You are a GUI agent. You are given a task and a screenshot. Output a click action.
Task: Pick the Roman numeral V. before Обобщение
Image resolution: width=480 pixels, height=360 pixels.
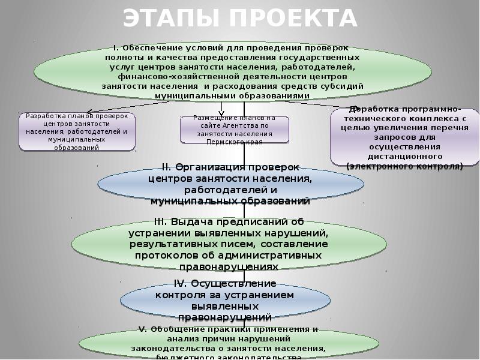(143, 329)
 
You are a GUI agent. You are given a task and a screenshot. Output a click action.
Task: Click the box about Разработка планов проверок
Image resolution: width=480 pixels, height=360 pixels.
(76, 131)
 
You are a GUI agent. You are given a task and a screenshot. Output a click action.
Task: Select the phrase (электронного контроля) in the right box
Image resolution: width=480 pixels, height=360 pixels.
(405, 165)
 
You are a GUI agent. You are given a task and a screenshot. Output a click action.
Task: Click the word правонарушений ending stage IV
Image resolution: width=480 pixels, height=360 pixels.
(225, 317)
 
